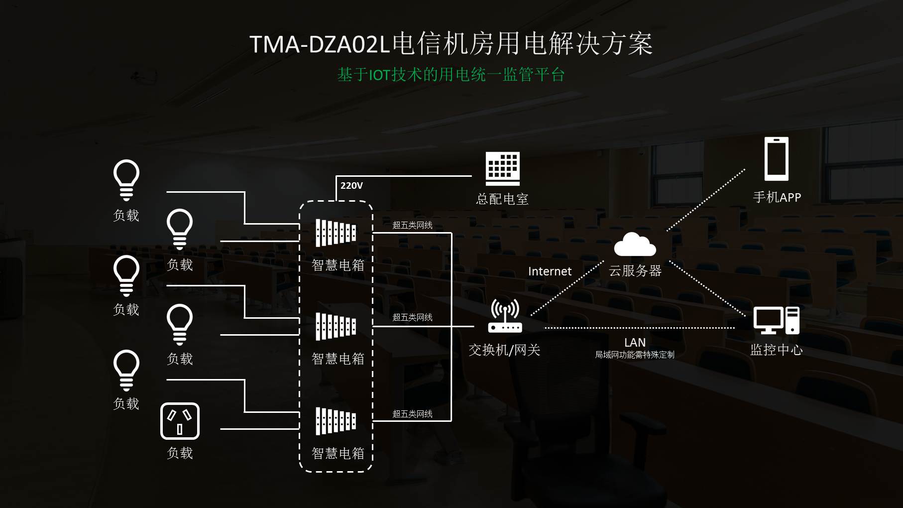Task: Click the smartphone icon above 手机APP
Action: click(x=777, y=159)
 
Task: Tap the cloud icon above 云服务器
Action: click(x=635, y=244)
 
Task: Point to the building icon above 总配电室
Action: click(x=503, y=169)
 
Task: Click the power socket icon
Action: click(x=180, y=421)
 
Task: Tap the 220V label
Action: click(x=351, y=186)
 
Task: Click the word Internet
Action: click(x=550, y=271)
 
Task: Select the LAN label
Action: click(x=635, y=343)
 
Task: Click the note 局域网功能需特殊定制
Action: click(x=635, y=355)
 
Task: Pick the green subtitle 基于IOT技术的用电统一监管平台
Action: click(x=451, y=75)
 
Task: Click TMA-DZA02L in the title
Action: click(x=319, y=44)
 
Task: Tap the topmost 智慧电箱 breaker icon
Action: click(x=336, y=233)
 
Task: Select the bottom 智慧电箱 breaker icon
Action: click(x=336, y=421)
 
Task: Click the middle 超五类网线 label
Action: click(x=412, y=317)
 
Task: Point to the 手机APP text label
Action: click(x=777, y=197)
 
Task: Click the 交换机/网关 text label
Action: click(x=504, y=350)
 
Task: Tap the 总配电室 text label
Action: click(x=502, y=199)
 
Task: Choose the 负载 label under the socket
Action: click(x=180, y=453)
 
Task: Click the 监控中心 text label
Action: click(x=777, y=350)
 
